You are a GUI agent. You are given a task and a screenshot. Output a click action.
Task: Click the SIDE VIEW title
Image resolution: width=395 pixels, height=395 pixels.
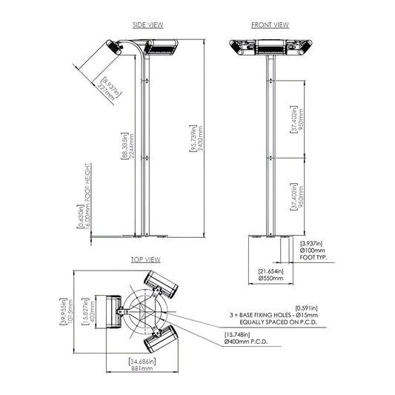[x=147, y=24]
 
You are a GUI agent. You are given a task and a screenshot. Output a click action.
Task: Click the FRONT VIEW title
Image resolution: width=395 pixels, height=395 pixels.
[x=269, y=24]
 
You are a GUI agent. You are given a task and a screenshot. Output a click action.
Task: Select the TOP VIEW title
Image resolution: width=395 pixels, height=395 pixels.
[x=145, y=260]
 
